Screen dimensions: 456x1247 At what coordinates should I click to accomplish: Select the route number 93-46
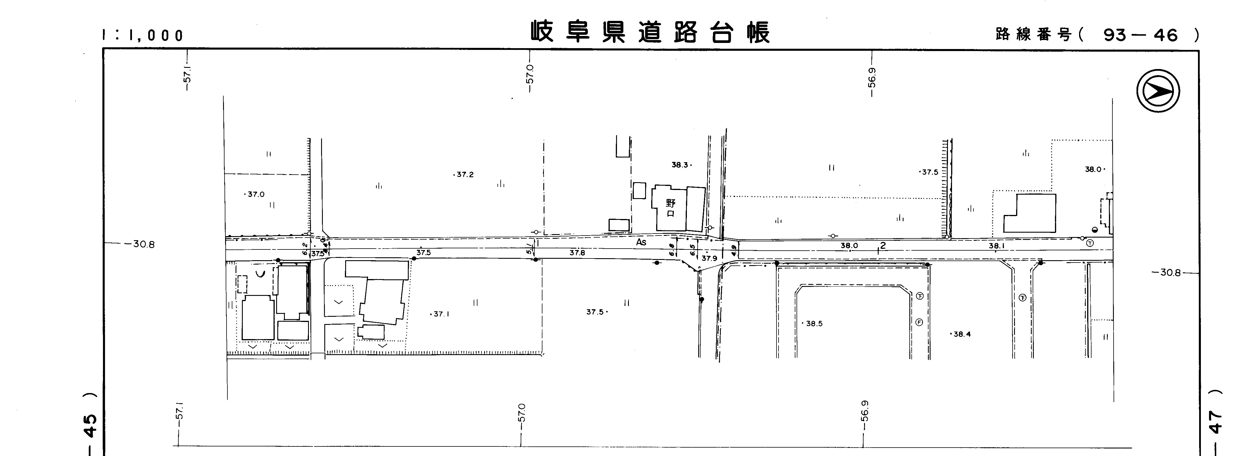coord(1140,35)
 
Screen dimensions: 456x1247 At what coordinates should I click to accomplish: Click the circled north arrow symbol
coord(1158,91)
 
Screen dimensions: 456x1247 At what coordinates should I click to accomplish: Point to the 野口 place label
coord(670,208)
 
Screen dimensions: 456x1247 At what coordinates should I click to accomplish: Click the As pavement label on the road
coord(641,242)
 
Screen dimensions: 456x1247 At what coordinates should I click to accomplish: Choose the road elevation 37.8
coord(577,253)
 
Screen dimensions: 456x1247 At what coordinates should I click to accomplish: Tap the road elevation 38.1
coord(996,246)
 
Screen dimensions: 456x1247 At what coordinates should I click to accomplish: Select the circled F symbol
coord(919,322)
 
